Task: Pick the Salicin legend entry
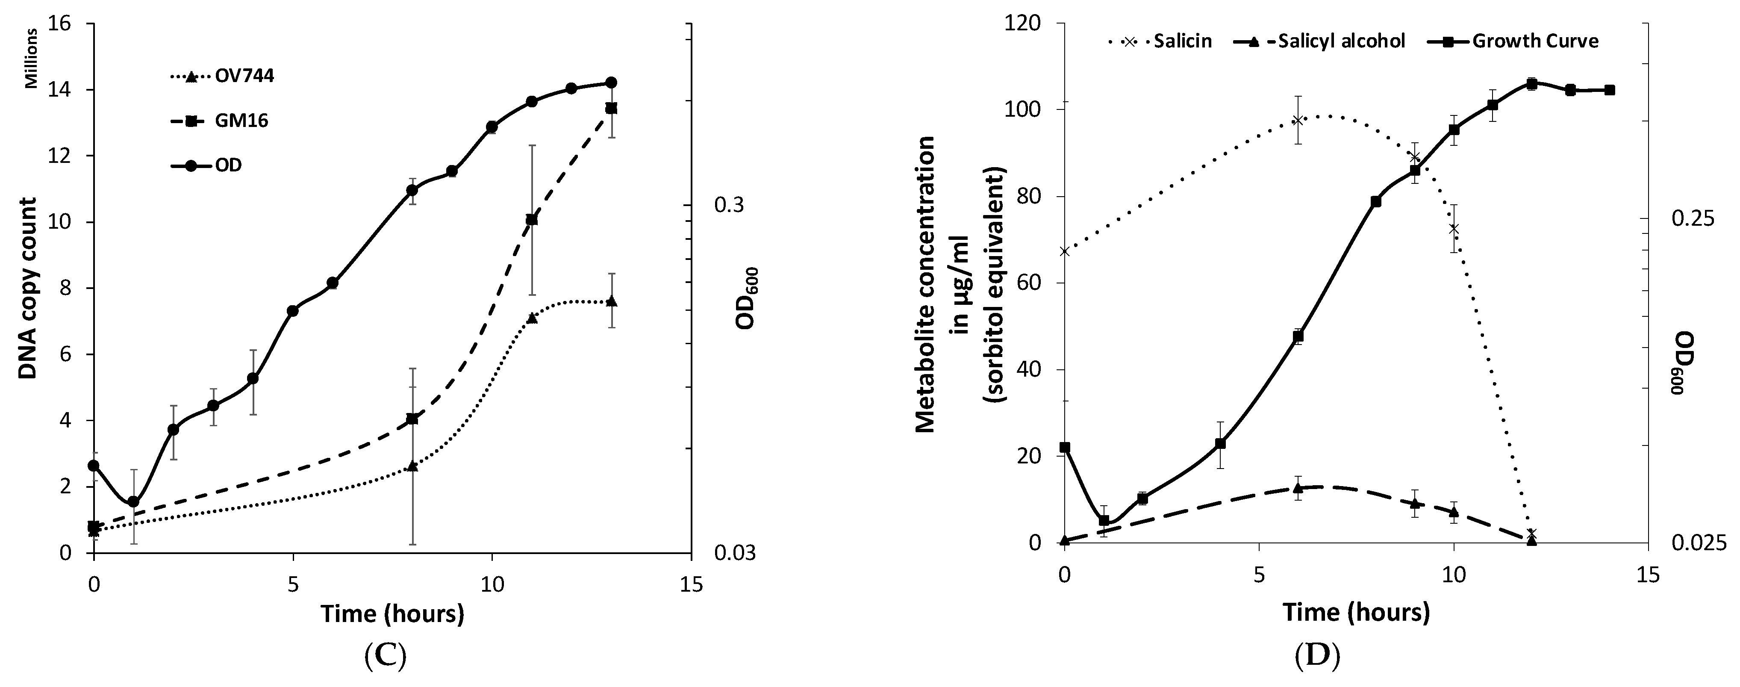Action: tap(1182, 41)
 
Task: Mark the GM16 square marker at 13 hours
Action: tap(611, 108)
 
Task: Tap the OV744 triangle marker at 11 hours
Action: tap(532, 318)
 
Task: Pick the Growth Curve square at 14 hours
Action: tap(1610, 90)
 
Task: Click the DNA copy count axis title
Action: tap(27, 289)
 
